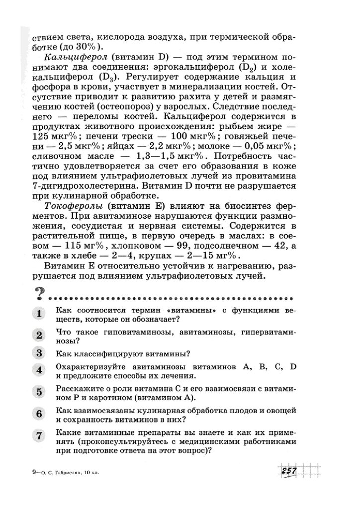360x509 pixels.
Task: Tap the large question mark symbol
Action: tap(38, 296)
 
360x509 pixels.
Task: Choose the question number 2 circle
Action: tap(38, 336)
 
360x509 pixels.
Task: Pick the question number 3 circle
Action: tap(38, 353)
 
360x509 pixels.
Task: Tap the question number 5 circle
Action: tap(38, 393)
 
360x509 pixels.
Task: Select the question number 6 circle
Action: tap(38, 414)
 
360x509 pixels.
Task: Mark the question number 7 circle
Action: tap(38, 436)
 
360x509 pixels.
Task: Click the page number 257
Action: tap(288, 471)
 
